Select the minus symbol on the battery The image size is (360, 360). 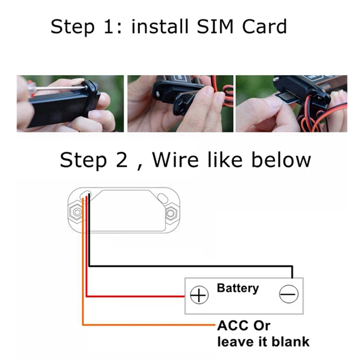(x=288, y=295)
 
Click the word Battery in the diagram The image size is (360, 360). (x=238, y=288)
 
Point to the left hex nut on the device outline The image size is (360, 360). (x=76, y=211)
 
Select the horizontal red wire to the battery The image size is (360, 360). (x=135, y=296)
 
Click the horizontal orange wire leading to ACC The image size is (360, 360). (x=148, y=324)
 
